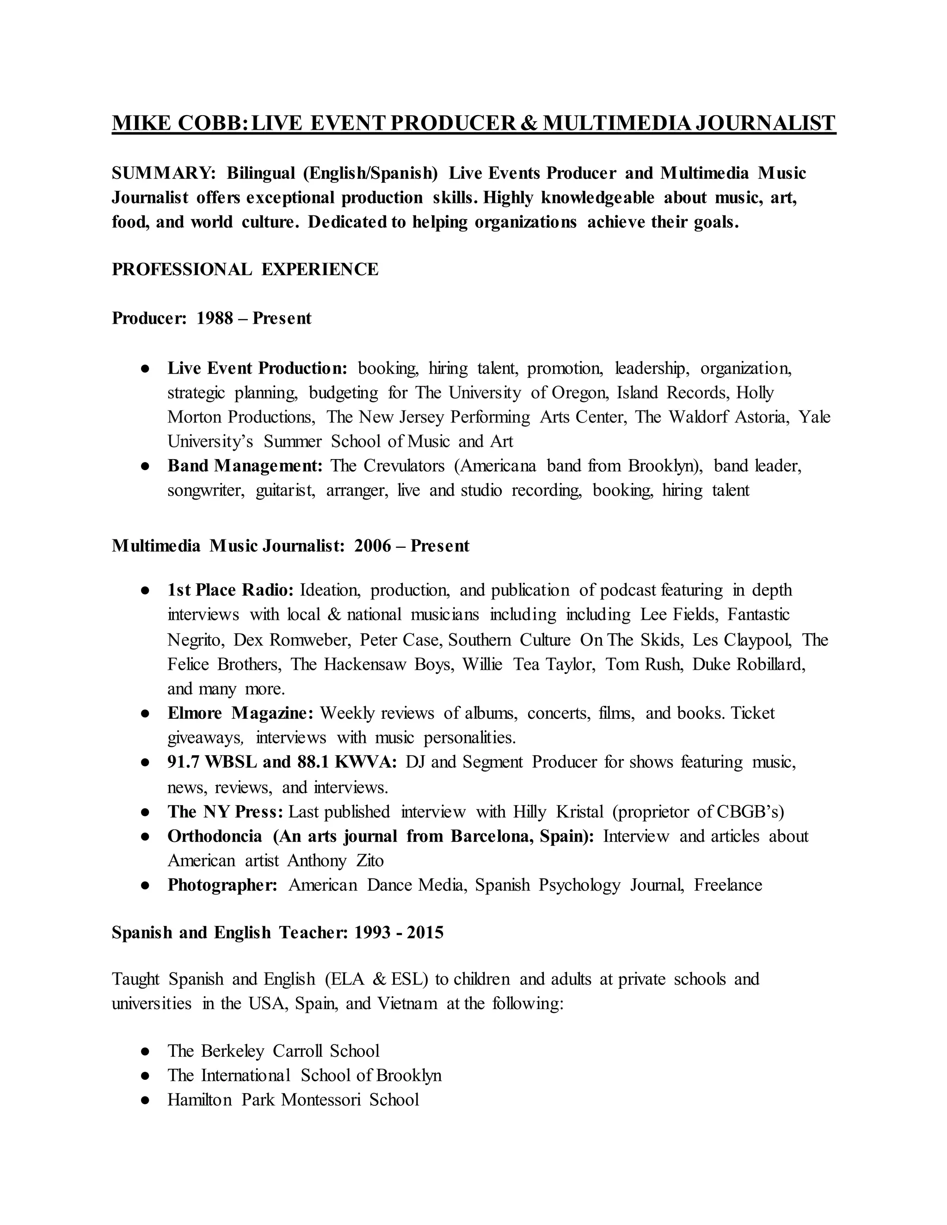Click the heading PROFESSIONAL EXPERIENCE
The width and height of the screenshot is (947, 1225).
(x=245, y=269)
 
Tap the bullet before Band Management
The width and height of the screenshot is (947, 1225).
(x=145, y=466)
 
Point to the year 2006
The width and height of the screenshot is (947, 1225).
(x=373, y=546)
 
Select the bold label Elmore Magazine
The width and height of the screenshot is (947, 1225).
(x=240, y=713)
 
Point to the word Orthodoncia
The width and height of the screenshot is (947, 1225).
(x=215, y=836)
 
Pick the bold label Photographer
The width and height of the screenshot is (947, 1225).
(x=222, y=885)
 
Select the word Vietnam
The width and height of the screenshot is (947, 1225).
(x=407, y=1003)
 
